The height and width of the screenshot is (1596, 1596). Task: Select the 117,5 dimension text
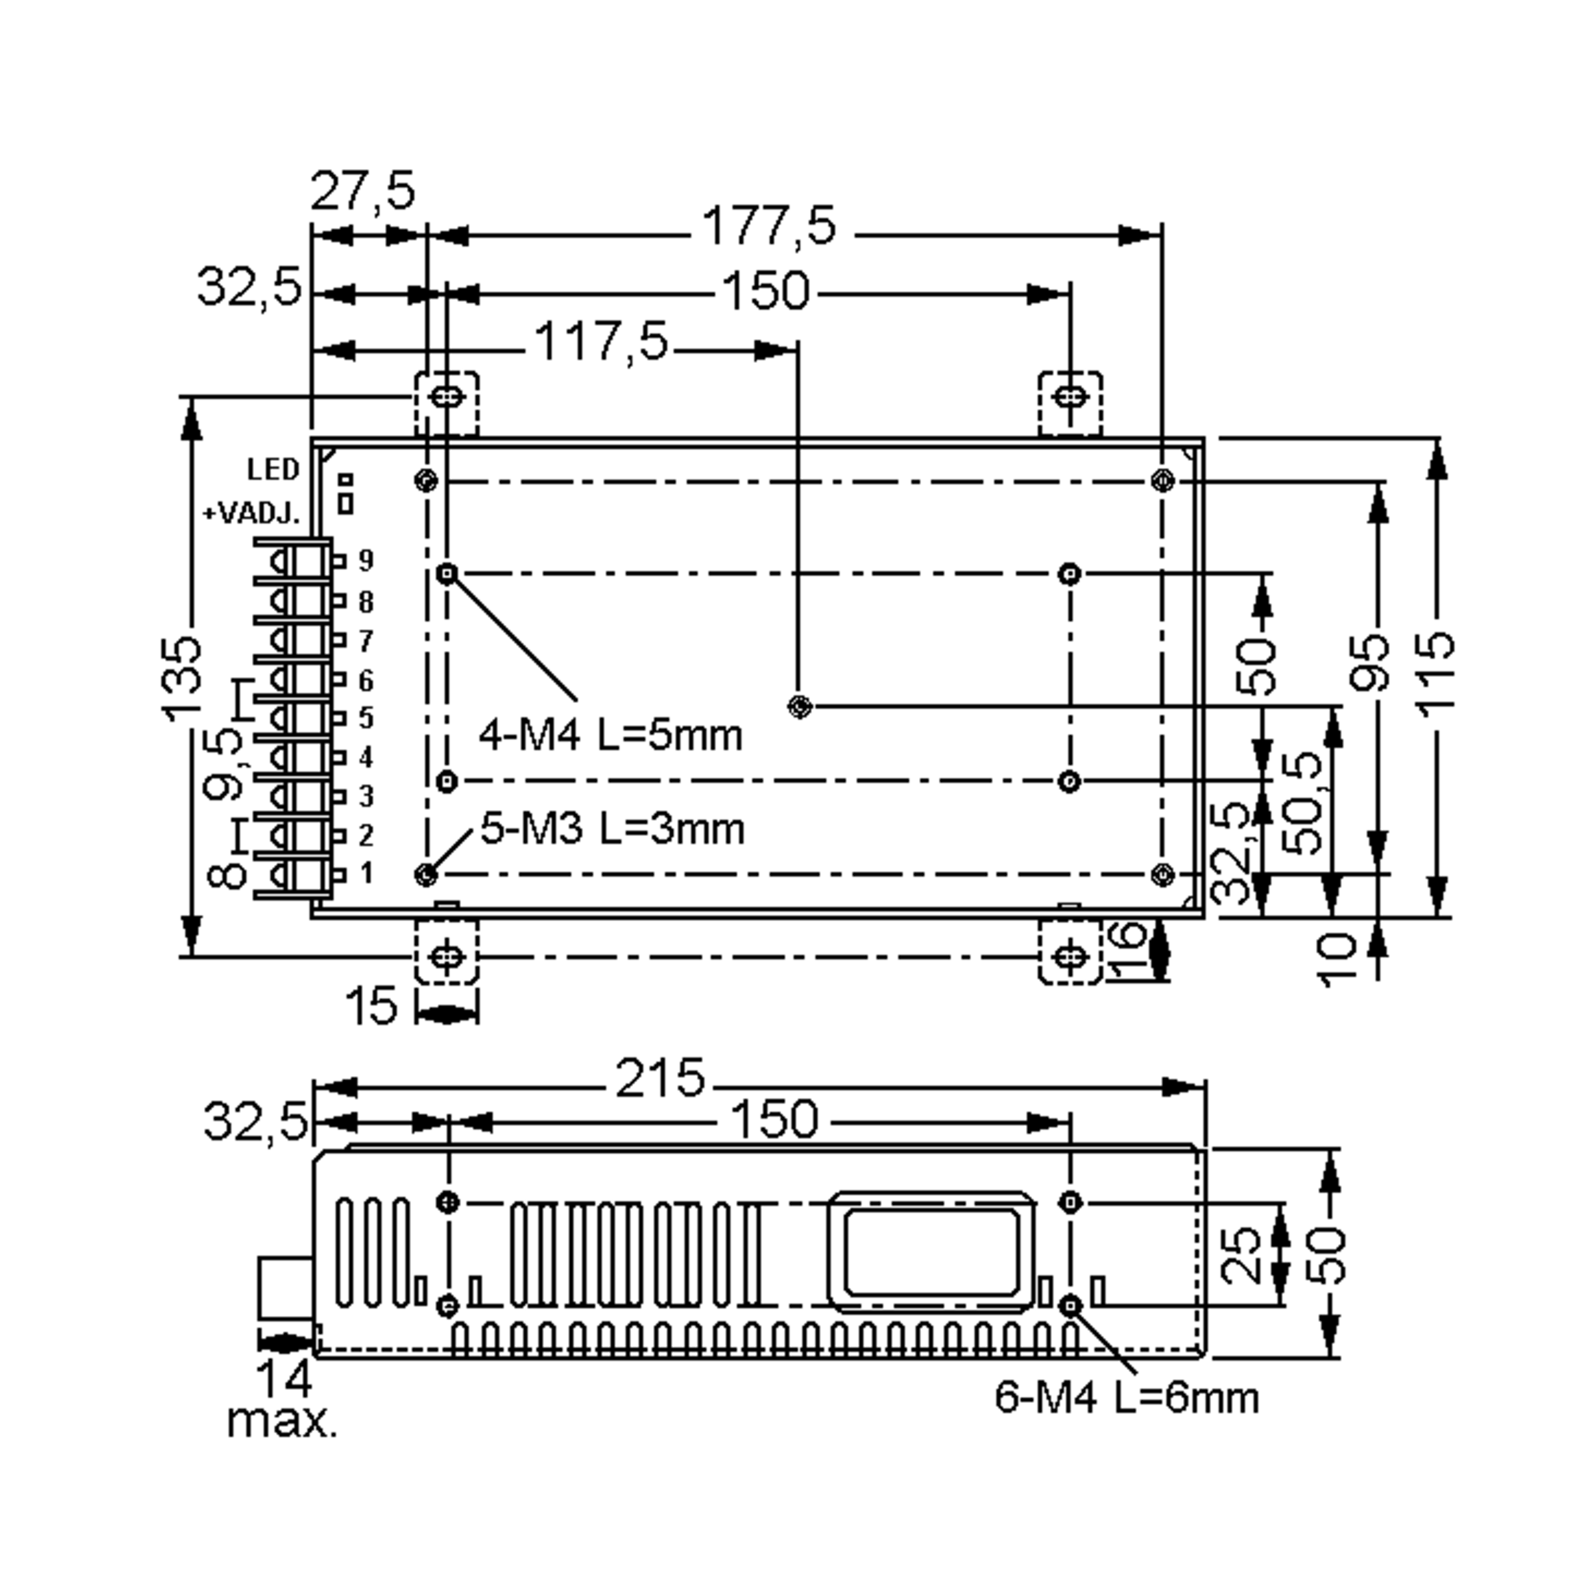(600, 341)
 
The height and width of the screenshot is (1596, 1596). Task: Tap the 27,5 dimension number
(362, 191)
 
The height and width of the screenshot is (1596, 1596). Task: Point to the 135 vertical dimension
(182, 678)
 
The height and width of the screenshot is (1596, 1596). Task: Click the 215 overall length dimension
(660, 1078)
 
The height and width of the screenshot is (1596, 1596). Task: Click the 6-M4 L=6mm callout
(1127, 1398)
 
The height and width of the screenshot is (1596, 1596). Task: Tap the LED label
(273, 469)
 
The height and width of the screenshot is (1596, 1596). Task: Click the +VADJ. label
(251, 514)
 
